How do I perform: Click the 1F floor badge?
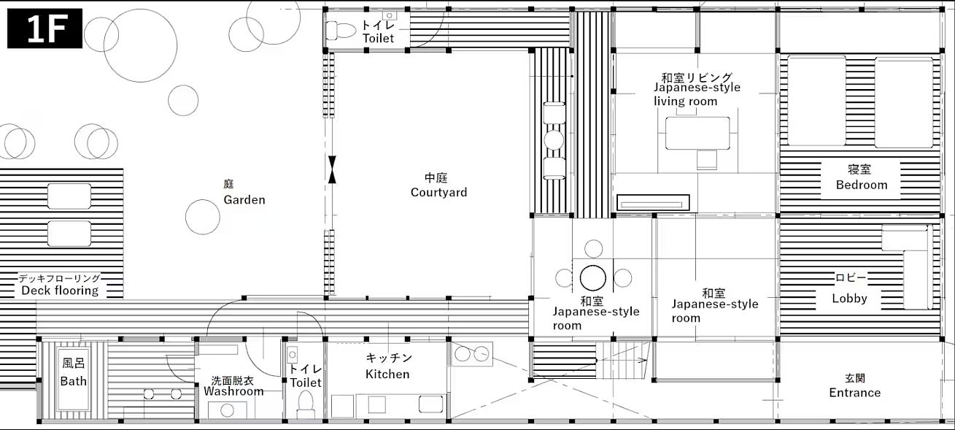pos(45,28)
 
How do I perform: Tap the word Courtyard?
pos(438,193)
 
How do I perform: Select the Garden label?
pos(244,199)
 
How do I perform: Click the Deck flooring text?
pos(60,291)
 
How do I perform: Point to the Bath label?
pos(74,381)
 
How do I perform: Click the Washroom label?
pos(233,391)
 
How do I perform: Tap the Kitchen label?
pos(387,374)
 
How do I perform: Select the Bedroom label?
pos(862,185)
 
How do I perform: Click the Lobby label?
pos(850,298)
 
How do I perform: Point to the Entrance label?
pos(855,393)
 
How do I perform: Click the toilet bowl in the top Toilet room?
pos(341,30)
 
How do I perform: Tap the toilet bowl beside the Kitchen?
pos(305,404)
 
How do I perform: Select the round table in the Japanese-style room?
pos(592,277)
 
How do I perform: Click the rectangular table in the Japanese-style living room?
pos(697,133)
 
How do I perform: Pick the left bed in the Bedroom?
pos(816,101)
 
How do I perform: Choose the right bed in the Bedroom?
pos(903,102)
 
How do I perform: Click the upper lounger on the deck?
pos(69,196)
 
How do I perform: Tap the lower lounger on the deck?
pos(69,234)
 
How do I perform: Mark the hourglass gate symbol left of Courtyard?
pos(332,169)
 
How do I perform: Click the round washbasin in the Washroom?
pos(227,410)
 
